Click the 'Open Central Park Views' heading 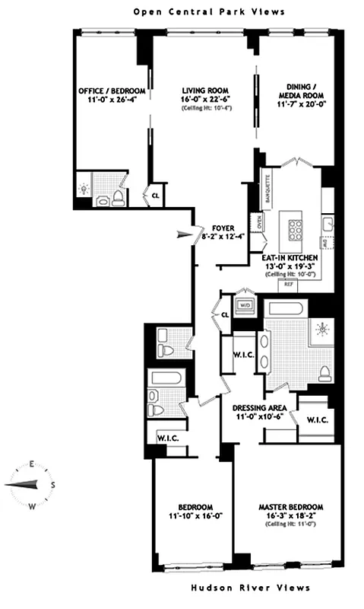point(209,11)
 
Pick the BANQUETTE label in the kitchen point(267,188)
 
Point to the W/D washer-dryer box point(245,305)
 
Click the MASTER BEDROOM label point(291,507)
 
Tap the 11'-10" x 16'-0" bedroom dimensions point(185,517)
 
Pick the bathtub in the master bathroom point(286,308)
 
